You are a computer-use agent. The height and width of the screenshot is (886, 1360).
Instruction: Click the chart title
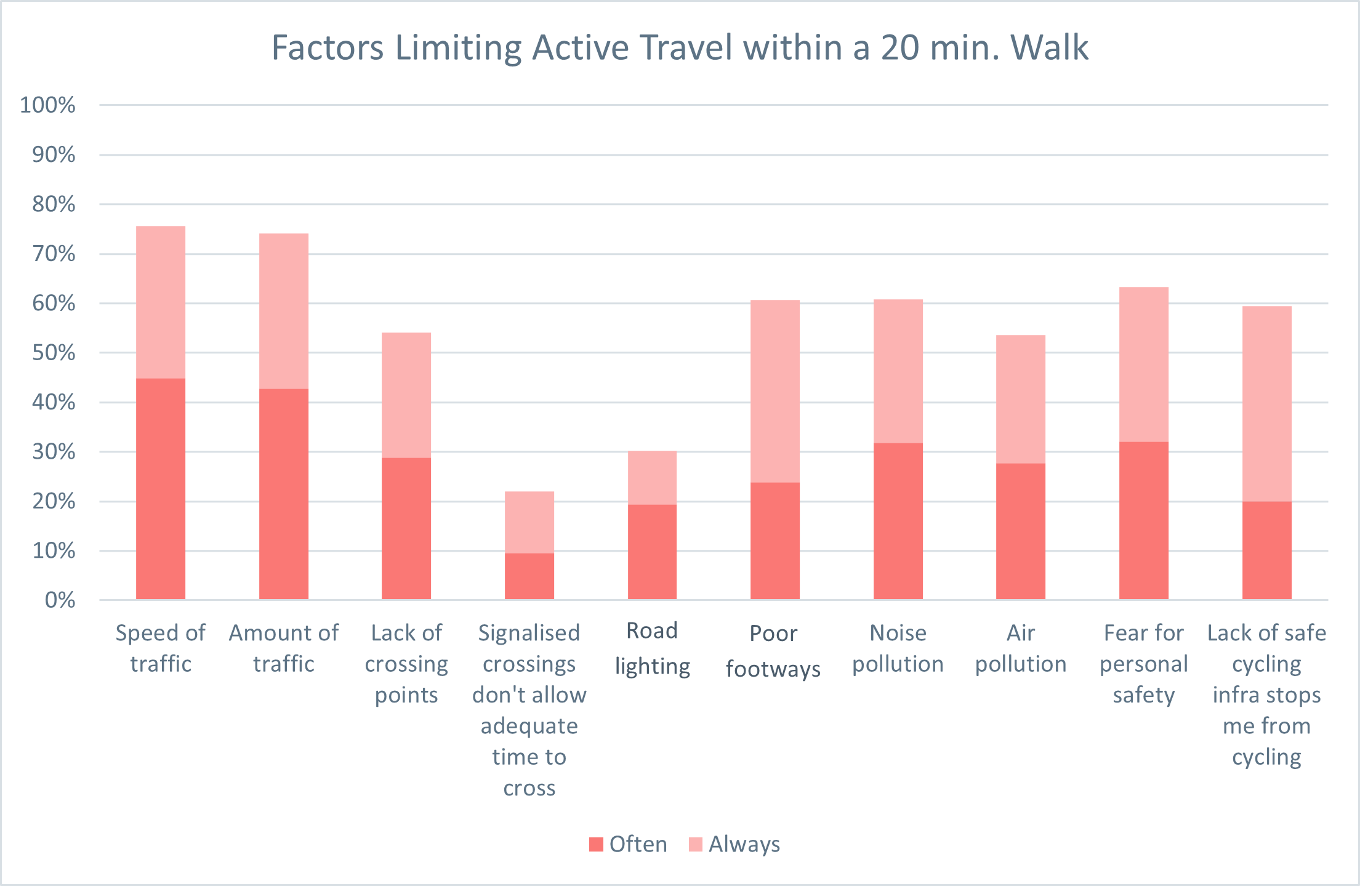click(680, 47)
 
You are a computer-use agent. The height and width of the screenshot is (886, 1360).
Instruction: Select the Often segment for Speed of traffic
click(161, 489)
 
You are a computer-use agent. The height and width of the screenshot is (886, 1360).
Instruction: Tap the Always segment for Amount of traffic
click(284, 311)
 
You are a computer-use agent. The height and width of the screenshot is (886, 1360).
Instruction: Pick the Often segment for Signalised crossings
click(529, 576)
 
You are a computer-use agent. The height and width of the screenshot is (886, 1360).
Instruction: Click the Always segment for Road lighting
click(652, 478)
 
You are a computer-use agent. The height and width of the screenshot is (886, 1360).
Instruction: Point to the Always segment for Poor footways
click(775, 391)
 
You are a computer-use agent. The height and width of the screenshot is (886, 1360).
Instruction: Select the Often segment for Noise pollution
click(898, 521)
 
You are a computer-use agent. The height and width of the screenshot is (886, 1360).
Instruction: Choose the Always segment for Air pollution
click(1021, 399)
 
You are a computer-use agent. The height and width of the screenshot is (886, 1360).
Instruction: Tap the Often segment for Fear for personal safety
click(1144, 520)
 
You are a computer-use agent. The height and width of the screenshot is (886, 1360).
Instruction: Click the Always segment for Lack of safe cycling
click(1267, 403)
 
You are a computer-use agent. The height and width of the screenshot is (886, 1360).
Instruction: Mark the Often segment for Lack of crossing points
click(406, 528)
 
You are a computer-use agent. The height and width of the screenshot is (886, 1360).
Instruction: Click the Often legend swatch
click(596, 844)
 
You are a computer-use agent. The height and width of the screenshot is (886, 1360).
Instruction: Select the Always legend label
click(744, 844)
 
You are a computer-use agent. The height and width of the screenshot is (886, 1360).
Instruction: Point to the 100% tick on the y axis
click(48, 105)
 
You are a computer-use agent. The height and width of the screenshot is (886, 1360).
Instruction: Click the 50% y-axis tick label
click(54, 353)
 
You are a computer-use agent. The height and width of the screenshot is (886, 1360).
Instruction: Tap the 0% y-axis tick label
click(60, 600)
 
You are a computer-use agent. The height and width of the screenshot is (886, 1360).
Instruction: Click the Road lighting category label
click(653, 648)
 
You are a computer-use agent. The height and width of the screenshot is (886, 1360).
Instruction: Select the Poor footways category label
click(774, 651)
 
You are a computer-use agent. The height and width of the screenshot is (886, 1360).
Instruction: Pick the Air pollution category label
click(1021, 648)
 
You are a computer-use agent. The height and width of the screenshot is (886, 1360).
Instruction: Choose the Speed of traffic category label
click(161, 648)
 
